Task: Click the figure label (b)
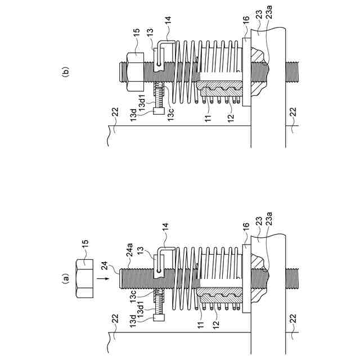click(x=65, y=71)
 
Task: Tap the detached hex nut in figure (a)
click(x=84, y=277)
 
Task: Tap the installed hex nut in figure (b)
click(x=135, y=71)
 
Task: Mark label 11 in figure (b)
click(x=208, y=116)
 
